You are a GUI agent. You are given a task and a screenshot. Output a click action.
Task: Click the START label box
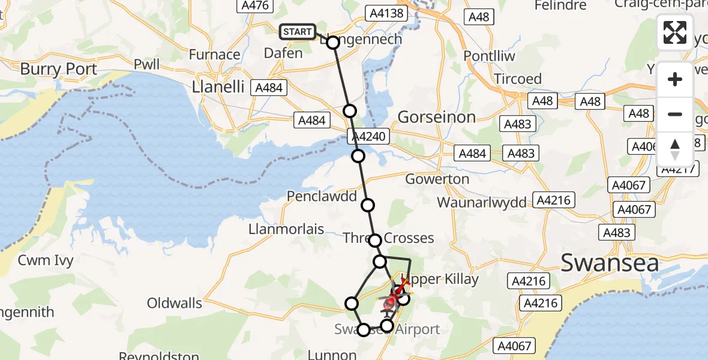pyautogui.click(x=298, y=32)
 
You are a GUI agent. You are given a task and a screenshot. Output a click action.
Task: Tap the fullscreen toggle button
pyautogui.click(x=675, y=32)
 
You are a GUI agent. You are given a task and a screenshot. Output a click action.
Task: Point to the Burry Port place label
pyautogui.click(x=58, y=69)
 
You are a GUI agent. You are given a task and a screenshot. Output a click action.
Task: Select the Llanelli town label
pyautogui.click(x=218, y=87)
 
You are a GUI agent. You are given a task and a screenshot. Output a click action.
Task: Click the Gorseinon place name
pyautogui.click(x=437, y=117)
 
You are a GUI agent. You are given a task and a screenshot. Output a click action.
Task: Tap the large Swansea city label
pyautogui.click(x=610, y=263)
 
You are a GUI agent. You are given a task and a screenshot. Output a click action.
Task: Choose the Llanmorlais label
pyautogui.click(x=286, y=229)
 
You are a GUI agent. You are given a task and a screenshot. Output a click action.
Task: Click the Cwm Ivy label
pyautogui.click(x=46, y=260)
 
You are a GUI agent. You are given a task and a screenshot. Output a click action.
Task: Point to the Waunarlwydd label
pyautogui.click(x=482, y=202)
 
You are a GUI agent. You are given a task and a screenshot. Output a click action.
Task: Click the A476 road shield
pyautogui.click(x=254, y=5)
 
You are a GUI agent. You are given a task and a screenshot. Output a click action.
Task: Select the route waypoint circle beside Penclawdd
pyautogui.click(x=368, y=205)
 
